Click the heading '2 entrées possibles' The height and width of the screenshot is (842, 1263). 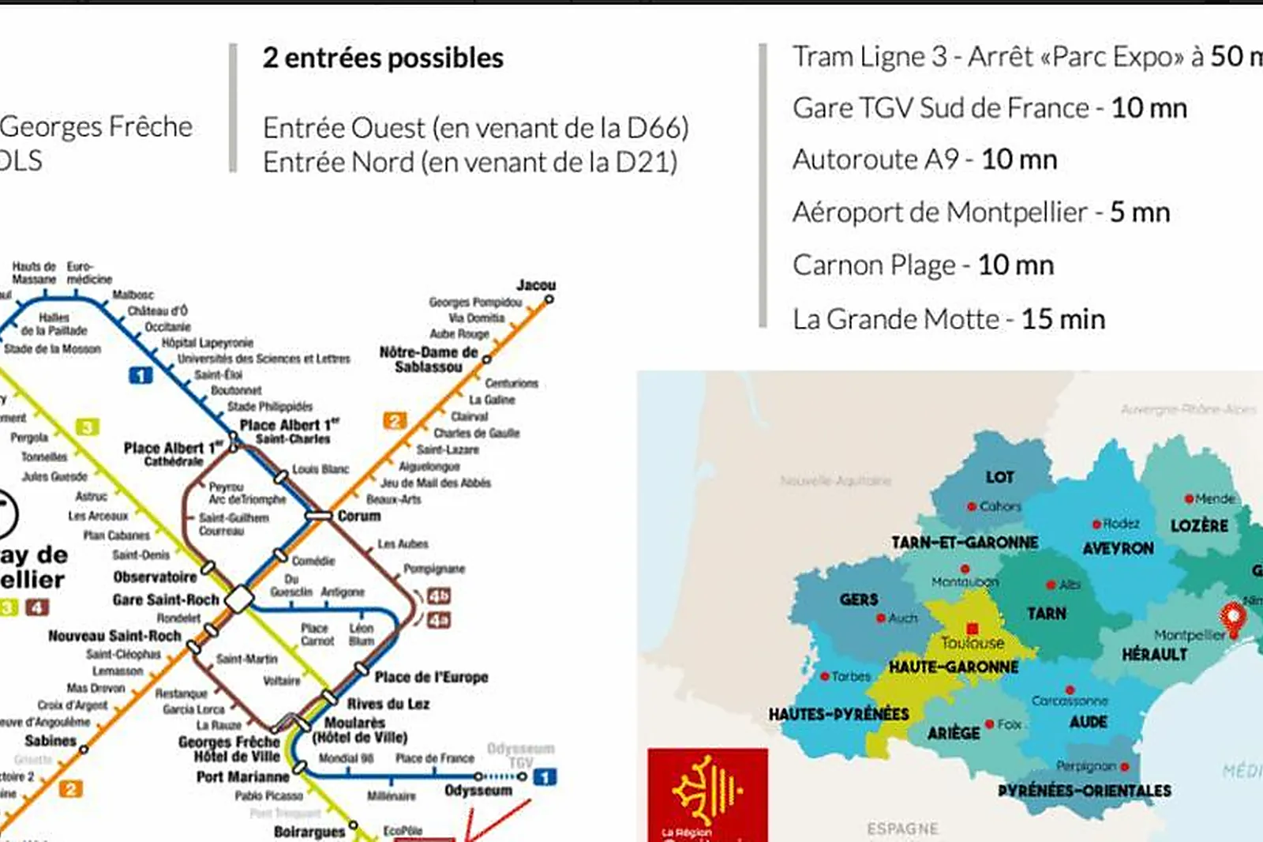(383, 58)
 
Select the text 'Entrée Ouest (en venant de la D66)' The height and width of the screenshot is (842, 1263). (475, 128)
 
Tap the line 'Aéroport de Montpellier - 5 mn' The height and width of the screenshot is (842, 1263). (980, 212)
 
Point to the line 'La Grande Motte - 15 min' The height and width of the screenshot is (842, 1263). (948, 319)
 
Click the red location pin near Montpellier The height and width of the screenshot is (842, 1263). (1232, 617)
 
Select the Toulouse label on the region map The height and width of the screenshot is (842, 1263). (973, 643)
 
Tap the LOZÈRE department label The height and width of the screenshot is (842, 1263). (1198, 525)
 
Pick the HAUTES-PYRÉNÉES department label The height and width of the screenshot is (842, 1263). (838, 714)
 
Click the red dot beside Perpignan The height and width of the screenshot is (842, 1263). (1124, 766)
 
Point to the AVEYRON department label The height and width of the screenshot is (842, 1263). (1118, 548)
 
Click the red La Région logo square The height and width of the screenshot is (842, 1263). (707, 794)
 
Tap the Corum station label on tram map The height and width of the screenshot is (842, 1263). (359, 516)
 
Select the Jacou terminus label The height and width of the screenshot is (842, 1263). (536, 285)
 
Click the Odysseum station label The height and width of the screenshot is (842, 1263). (478, 791)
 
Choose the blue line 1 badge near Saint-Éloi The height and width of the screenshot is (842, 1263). (141, 375)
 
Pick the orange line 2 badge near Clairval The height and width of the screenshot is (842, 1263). (395, 420)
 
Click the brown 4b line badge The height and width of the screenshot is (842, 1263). (439, 596)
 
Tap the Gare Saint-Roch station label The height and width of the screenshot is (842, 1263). (166, 600)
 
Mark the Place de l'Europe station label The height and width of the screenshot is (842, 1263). (431, 677)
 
